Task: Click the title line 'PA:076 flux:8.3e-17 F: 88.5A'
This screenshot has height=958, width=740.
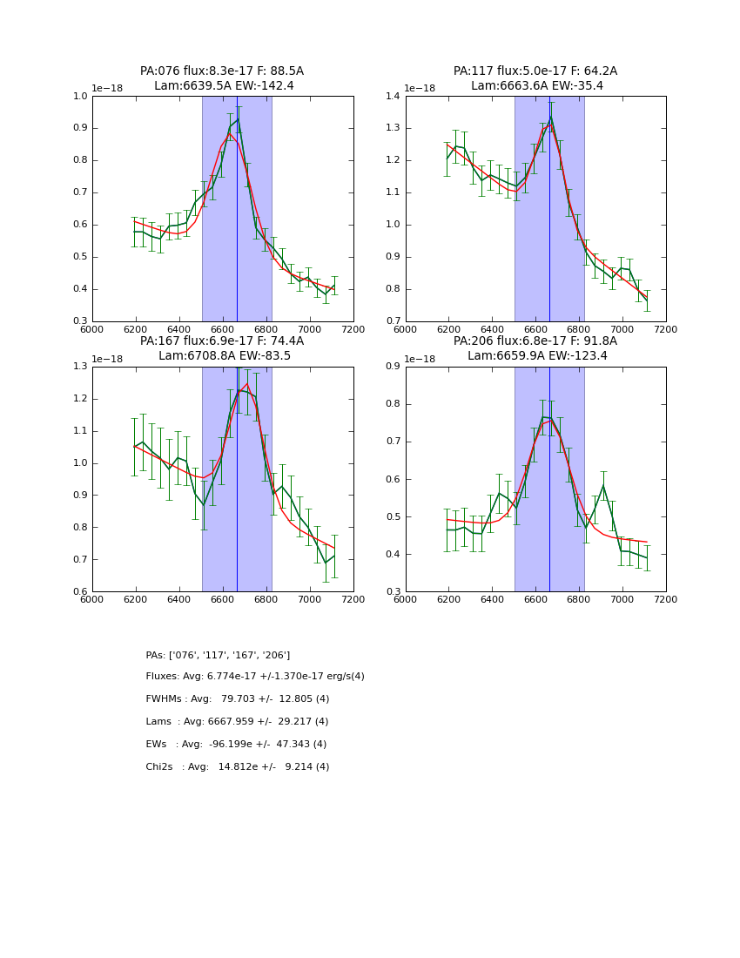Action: [x=222, y=71]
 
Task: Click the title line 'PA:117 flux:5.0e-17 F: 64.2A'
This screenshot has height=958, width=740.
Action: [x=535, y=71]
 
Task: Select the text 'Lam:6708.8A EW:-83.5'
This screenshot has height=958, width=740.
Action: [x=225, y=356]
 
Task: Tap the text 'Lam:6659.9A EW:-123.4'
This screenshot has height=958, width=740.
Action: [x=535, y=356]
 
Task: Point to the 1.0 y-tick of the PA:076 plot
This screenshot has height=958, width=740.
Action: [x=80, y=96]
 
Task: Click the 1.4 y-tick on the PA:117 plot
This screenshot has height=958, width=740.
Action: [x=393, y=96]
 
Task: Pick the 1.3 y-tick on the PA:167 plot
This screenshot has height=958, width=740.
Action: [x=80, y=367]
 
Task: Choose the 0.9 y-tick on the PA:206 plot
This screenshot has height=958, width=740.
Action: [x=393, y=367]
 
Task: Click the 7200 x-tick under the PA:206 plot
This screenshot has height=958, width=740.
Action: [x=666, y=599]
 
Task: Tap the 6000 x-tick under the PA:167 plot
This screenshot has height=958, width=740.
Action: [x=92, y=599]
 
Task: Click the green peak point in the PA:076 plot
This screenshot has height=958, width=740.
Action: [x=238, y=119]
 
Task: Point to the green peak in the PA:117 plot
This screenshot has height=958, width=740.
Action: [x=550, y=117]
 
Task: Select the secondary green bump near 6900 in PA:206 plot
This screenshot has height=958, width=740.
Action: [x=603, y=486]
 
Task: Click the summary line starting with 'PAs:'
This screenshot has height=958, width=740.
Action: [x=218, y=655]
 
